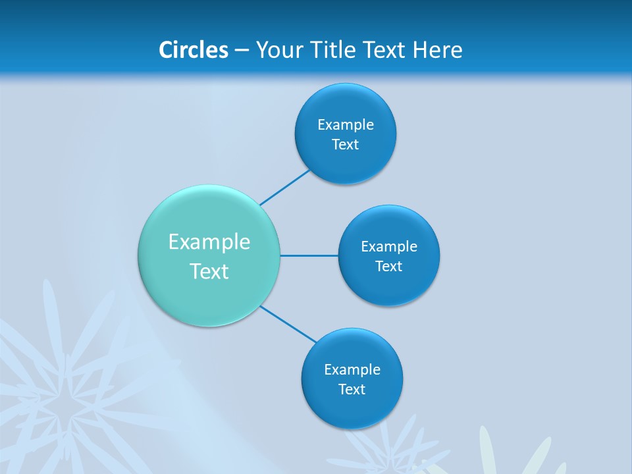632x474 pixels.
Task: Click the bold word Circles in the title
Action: (x=193, y=50)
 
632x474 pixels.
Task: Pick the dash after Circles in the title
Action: (x=242, y=51)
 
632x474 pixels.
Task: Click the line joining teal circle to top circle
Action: (x=284, y=188)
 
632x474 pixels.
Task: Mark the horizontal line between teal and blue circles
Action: (x=309, y=255)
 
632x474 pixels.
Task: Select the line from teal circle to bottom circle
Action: (x=288, y=325)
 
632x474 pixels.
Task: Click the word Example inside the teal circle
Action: (x=209, y=242)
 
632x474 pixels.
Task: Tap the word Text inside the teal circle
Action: (x=209, y=271)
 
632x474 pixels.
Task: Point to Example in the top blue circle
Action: (x=346, y=125)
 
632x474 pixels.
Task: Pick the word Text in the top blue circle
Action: (x=346, y=145)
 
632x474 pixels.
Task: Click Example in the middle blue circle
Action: (x=389, y=247)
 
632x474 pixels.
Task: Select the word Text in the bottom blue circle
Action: (x=352, y=390)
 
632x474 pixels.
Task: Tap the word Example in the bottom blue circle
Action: (x=352, y=370)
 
